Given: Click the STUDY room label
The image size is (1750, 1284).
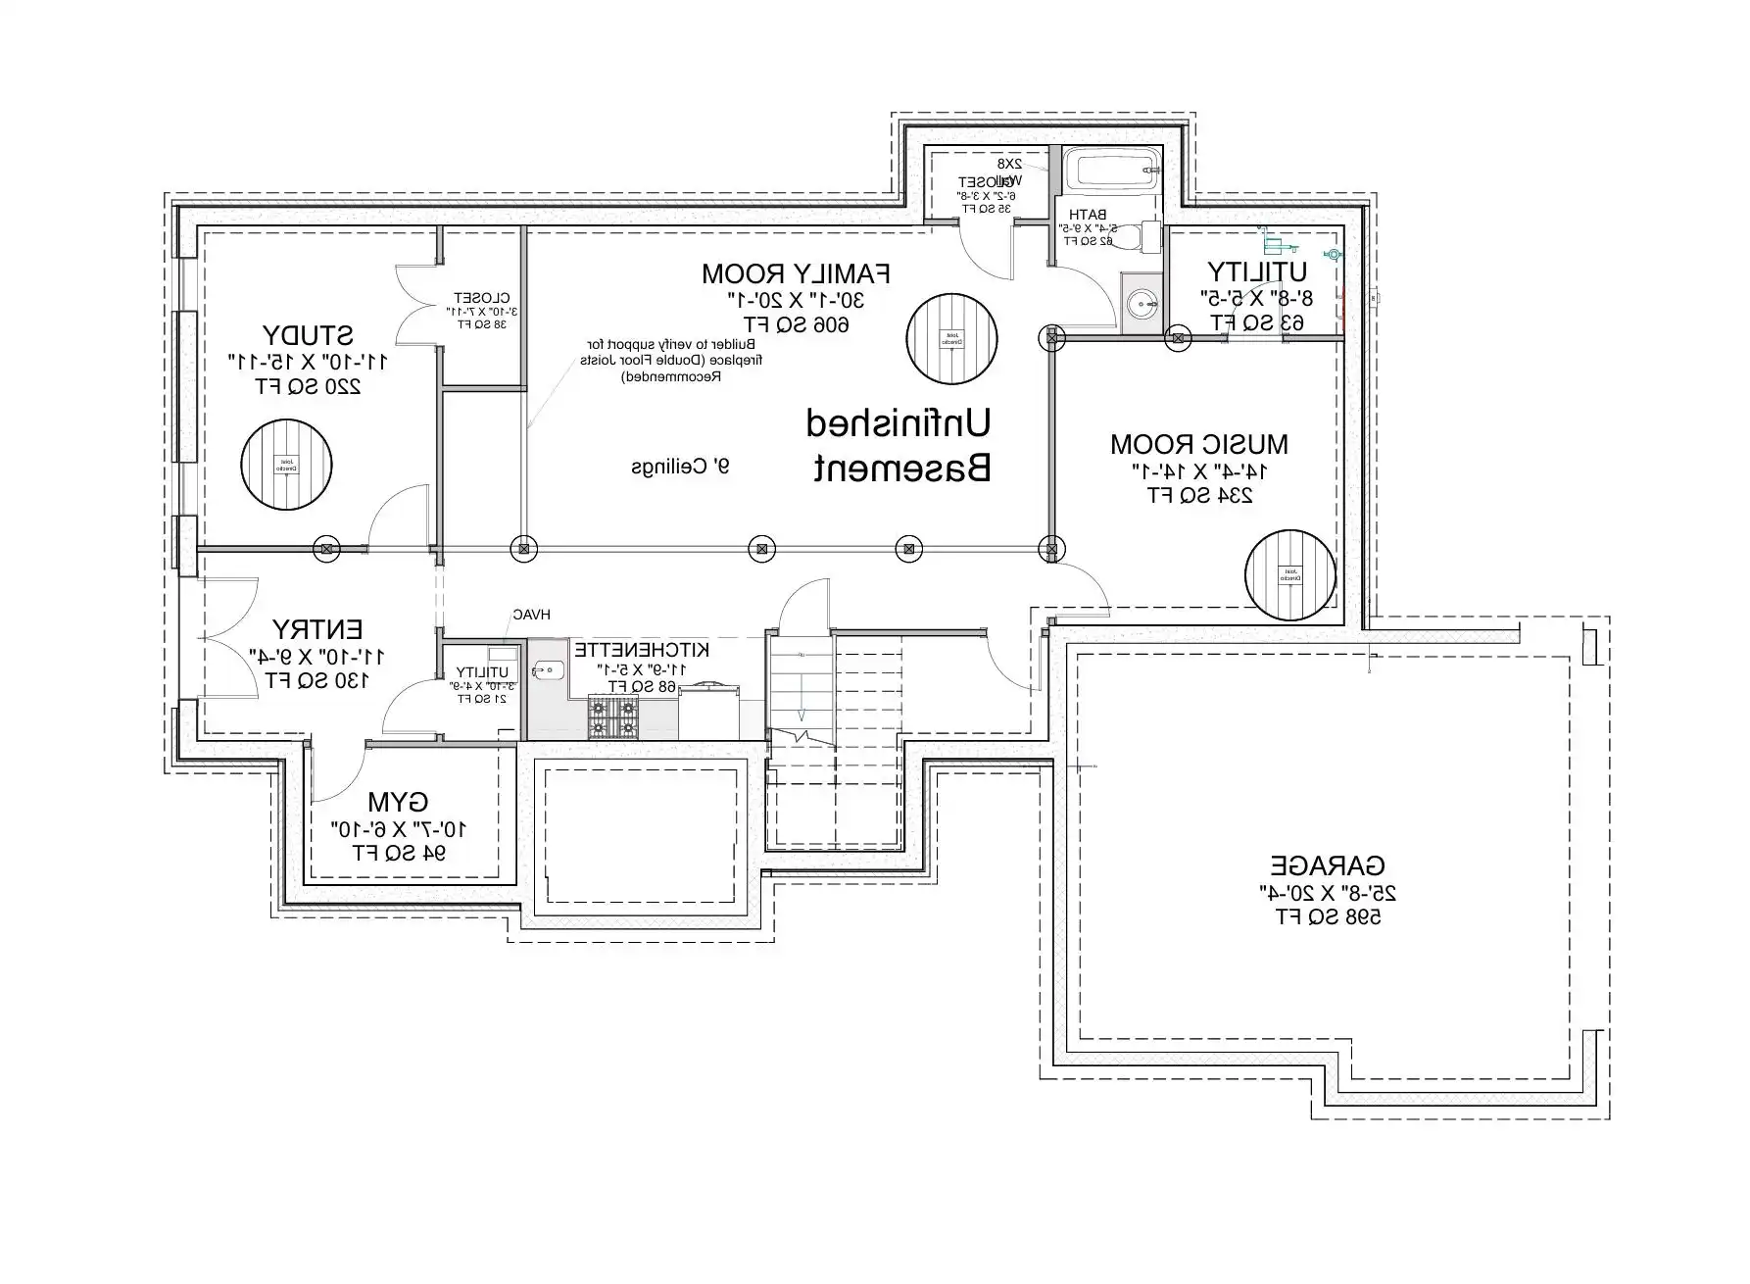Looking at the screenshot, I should coord(308,335).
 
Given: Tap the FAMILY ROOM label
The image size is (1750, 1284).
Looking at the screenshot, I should coord(796,272).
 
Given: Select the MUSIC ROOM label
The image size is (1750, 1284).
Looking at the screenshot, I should coord(1198,444).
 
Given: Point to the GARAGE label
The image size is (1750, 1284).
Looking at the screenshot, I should coord(1328,866).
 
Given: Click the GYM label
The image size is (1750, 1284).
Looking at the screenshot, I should coord(398,803).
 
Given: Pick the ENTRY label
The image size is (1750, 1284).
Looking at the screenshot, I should coord(317,629).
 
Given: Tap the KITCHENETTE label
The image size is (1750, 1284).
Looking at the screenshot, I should coord(642,650).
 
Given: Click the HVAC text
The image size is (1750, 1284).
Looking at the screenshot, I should coord(531,615).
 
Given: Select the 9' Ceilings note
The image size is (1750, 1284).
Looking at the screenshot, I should coord(680,468).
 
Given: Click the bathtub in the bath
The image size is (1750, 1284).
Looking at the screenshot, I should coord(1111,171).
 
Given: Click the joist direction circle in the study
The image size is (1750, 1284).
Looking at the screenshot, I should coord(287,465).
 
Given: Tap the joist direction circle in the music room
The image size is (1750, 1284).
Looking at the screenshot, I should coord(1290,574).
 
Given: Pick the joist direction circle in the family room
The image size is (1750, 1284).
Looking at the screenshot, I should coord(951,338).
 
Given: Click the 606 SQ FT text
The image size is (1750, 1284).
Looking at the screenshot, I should coord(796,324).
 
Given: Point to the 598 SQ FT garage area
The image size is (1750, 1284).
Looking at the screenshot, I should coord(1328,917).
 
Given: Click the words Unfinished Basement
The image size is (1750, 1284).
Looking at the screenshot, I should coord(898,446).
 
